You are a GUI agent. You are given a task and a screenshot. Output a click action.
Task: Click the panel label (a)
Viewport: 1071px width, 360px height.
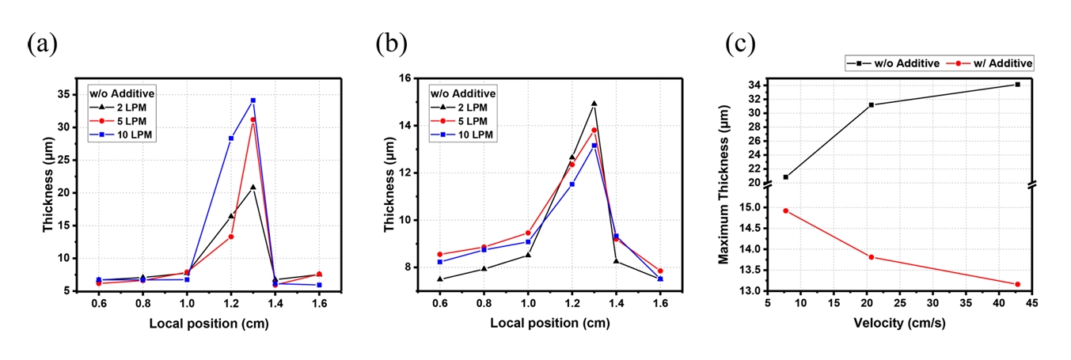coord(41,44)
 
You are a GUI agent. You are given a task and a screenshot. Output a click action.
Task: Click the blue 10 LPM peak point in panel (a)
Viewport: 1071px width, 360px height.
coord(253,100)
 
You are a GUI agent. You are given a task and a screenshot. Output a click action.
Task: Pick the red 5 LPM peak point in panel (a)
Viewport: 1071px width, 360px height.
coord(253,119)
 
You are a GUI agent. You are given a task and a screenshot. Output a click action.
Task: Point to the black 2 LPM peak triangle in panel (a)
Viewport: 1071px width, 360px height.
coord(253,187)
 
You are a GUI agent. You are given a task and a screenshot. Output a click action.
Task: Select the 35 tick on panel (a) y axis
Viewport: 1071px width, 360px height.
coord(65,94)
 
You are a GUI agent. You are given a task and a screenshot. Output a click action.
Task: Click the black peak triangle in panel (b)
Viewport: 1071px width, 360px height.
coord(594,103)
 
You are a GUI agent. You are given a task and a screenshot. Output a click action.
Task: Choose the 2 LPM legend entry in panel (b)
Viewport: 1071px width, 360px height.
coord(469,108)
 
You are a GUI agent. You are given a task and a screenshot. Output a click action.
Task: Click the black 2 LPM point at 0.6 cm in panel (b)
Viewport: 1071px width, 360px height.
coord(440,279)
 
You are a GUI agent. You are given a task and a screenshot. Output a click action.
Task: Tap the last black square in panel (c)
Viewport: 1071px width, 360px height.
coord(1017,84)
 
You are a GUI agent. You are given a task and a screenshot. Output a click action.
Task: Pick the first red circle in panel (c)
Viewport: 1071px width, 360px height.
coord(785,210)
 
